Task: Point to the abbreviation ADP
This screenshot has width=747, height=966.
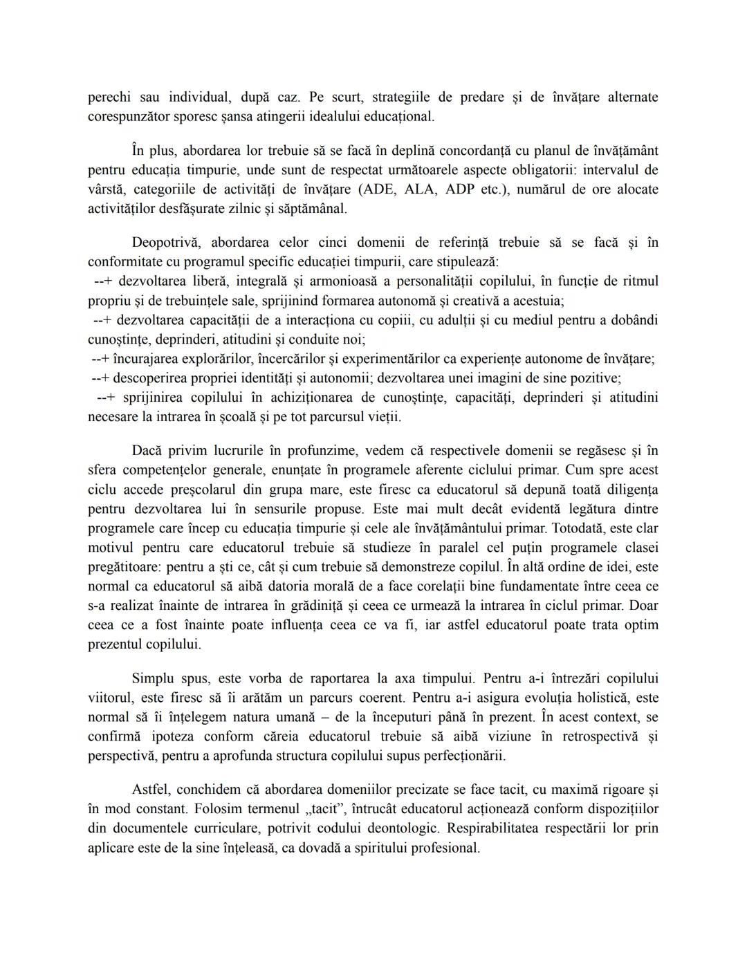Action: coord(460,189)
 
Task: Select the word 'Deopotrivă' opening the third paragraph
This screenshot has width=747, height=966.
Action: coord(166,243)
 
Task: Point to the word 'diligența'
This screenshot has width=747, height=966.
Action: coord(629,490)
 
